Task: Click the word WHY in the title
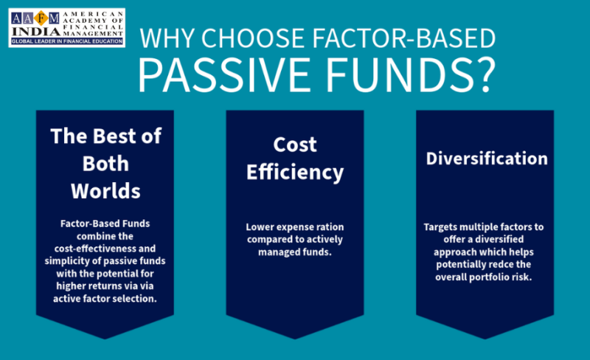pos(167,38)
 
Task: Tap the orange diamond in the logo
pos(41,18)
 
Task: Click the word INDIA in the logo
pos(36,32)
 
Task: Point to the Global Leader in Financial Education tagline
pos(67,41)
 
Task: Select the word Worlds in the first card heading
pos(105,191)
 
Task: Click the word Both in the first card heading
pos(105,164)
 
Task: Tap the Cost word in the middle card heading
pos(295,145)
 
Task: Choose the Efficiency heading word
pos(295,173)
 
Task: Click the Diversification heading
pos(487,159)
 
